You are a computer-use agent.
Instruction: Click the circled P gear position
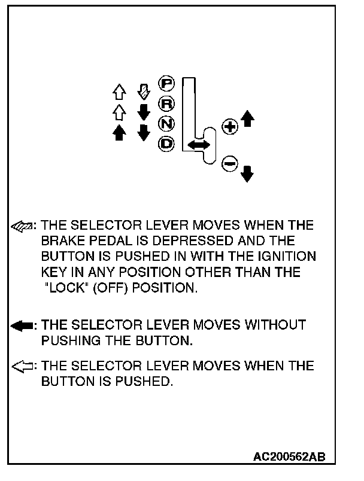pyautogui.click(x=165, y=84)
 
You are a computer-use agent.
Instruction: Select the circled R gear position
pyautogui.click(x=165, y=104)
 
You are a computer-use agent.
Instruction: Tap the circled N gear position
pyautogui.click(x=165, y=124)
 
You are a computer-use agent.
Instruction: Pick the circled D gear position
pyautogui.click(x=165, y=144)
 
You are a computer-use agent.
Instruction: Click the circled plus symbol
pyautogui.click(x=229, y=127)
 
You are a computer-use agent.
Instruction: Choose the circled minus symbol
pyautogui.click(x=229, y=163)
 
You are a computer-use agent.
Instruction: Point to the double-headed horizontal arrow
pyautogui.click(x=198, y=145)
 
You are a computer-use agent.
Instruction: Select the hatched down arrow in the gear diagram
pyautogui.click(x=143, y=91)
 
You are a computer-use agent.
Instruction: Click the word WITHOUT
pyautogui.click(x=275, y=325)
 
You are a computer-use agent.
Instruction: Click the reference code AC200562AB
pyautogui.click(x=289, y=456)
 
